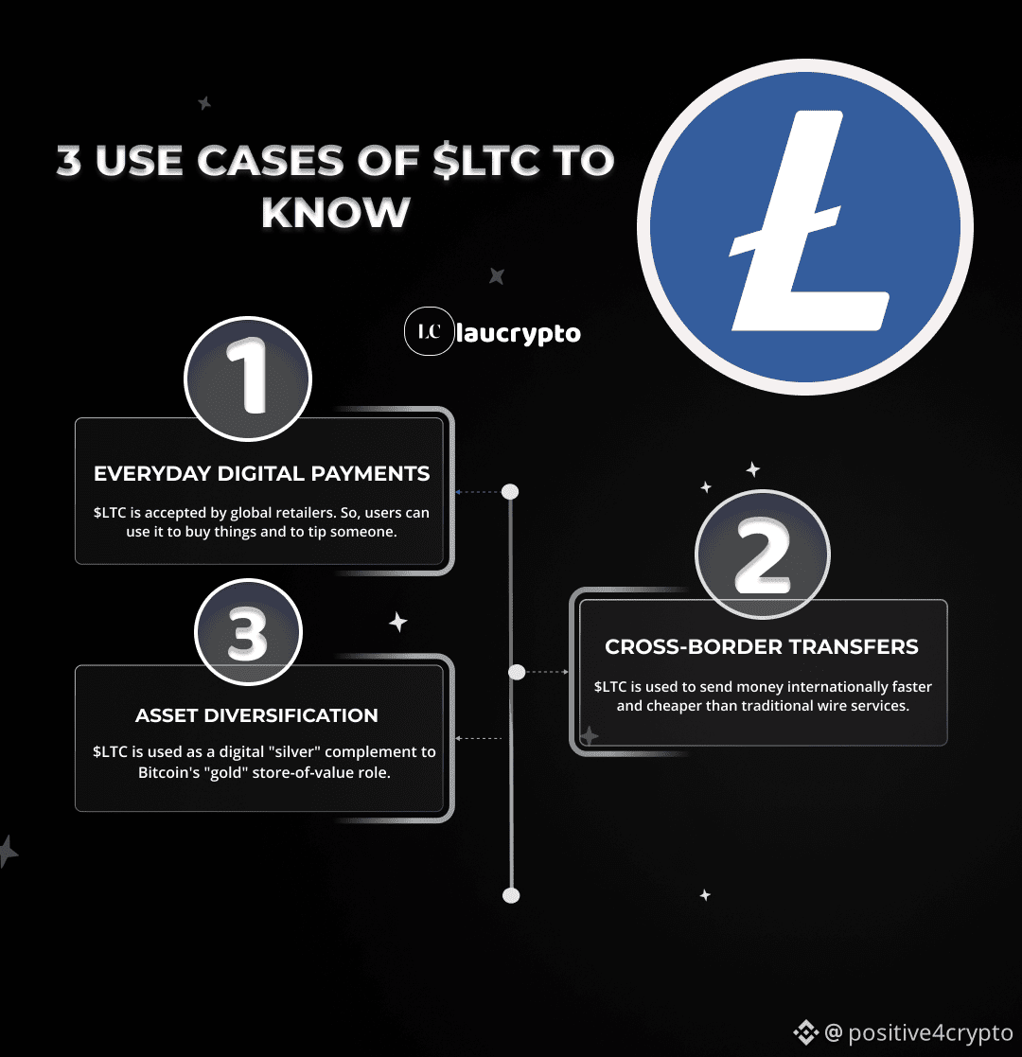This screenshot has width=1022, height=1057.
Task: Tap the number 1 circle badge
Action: [x=247, y=379]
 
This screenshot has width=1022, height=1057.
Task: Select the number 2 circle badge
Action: [x=763, y=555]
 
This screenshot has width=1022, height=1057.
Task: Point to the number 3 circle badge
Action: [x=248, y=631]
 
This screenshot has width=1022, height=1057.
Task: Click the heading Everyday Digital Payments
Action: [x=261, y=473]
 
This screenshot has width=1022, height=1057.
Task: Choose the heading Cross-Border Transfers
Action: [x=762, y=646]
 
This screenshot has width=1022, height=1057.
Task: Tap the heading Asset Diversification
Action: [x=256, y=715]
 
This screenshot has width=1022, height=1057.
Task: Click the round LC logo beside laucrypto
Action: [x=430, y=331]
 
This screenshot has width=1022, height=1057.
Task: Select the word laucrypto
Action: [x=519, y=334]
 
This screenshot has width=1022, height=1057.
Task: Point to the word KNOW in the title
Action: [x=336, y=212]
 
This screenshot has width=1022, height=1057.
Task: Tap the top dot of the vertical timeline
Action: [x=510, y=491]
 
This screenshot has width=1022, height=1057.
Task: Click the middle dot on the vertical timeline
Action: [x=517, y=672]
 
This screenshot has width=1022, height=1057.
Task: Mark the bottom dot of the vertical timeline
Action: [x=511, y=895]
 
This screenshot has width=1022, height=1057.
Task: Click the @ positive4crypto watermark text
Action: [x=918, y=1032]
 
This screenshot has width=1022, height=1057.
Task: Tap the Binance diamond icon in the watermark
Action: [x=805, y=1032]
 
